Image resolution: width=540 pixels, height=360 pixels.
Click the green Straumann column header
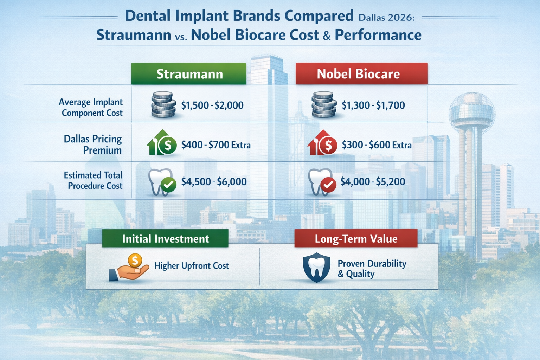189,74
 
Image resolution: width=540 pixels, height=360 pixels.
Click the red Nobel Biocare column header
361,74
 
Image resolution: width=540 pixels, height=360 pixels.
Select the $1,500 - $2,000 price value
212,105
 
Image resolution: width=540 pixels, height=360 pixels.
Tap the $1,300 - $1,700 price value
373,105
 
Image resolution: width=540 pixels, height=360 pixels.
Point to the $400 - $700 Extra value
216,144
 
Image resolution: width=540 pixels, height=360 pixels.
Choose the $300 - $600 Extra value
377,144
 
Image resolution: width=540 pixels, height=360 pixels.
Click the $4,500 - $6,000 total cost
214,181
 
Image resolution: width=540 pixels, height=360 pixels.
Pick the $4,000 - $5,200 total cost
373,181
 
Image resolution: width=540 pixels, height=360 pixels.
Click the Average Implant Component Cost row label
91,107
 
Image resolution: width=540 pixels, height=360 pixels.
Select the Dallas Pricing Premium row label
93,144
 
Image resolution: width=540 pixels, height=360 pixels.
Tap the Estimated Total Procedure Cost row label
94,180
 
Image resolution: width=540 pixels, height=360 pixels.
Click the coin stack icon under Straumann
163,105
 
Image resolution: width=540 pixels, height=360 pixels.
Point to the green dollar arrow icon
162,143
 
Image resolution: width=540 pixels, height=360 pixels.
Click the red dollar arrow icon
322,143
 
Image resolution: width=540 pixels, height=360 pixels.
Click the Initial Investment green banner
165,239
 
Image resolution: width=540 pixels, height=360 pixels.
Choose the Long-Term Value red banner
356,239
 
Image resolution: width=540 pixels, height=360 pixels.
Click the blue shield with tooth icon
316,267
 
